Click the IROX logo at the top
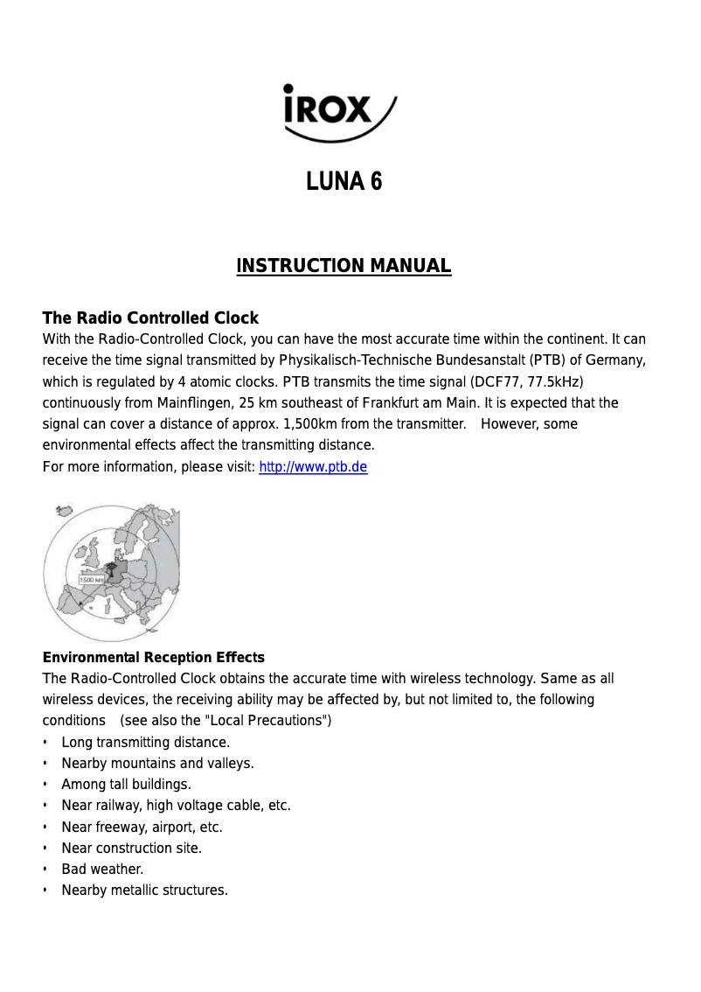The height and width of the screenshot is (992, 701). (x=339, y=112)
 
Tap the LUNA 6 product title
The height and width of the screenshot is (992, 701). (x=344, y=181)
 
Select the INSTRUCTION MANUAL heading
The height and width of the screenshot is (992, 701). (x=344, y=266)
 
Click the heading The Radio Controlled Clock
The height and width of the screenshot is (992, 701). (x=150, y=318)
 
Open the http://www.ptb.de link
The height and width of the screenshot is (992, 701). (x=313, y=467)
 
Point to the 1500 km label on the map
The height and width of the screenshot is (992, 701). (x=91, y=579)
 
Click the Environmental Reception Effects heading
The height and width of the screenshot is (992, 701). (x=153, y=657)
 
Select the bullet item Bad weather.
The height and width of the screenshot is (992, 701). (x=102, y=870)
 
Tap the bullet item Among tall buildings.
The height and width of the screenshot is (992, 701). (x=126, y=785)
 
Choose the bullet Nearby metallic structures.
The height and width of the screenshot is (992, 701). (x=144, y=891)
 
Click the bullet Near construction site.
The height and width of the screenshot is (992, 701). (x=131, y=849)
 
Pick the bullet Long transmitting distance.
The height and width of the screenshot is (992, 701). (x=145, y=743)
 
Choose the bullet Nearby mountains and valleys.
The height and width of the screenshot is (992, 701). (x=157, y=764)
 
